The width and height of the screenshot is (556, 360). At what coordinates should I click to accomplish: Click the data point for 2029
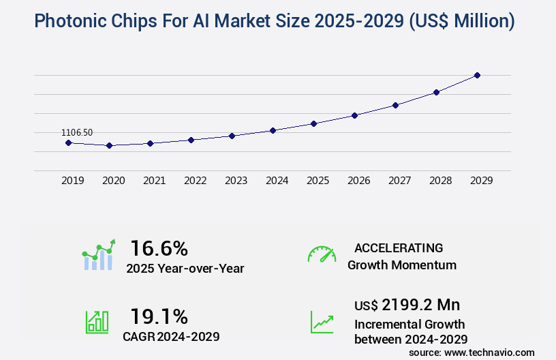[477, 75]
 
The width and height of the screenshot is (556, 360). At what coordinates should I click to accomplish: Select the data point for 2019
[68, 142]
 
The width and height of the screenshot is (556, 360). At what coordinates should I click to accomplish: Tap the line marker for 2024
[273, 130]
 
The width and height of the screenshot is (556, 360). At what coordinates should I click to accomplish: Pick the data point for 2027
[395, 105]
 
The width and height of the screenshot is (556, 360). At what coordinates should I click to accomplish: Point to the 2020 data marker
[109, 145]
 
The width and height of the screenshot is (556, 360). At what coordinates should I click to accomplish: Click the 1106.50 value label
[77, 132]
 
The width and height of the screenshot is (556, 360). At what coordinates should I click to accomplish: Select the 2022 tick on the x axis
[195, 181]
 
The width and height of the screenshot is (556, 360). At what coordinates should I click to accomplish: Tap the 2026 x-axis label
[358, 181]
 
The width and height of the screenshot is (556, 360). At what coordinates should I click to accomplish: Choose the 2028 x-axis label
[440, 181]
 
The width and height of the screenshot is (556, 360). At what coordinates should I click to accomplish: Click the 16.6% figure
[159, 248]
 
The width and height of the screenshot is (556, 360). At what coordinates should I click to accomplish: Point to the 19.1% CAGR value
[159, 316]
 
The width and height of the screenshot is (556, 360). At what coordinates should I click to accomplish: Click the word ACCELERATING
[399, 247]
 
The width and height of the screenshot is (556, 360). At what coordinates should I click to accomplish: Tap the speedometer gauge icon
[322, 254]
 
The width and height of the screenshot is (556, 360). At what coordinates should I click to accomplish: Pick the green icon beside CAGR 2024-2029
[97, 322]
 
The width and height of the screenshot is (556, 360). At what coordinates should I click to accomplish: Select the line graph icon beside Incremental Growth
[322, 322]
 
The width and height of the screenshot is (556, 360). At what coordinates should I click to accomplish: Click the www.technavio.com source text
[489, 352]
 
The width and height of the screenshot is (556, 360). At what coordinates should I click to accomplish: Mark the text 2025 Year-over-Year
[185, 269]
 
